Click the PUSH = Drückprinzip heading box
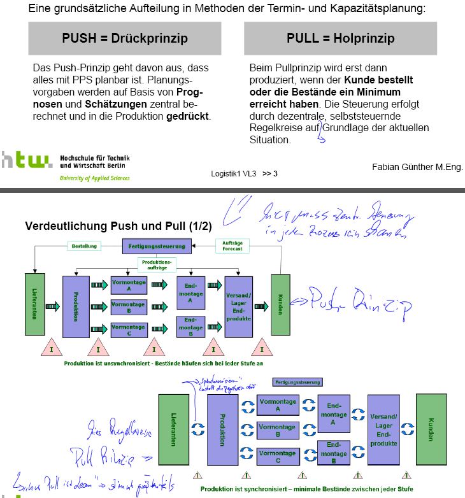[124, 38]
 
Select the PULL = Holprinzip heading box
[340, 38]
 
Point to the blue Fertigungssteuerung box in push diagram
[157, 245]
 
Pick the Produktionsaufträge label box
[157, 264]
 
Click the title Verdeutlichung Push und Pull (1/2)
[118, 226]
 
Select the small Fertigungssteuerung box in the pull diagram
[297, 382]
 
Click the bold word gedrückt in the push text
[188, 116]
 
